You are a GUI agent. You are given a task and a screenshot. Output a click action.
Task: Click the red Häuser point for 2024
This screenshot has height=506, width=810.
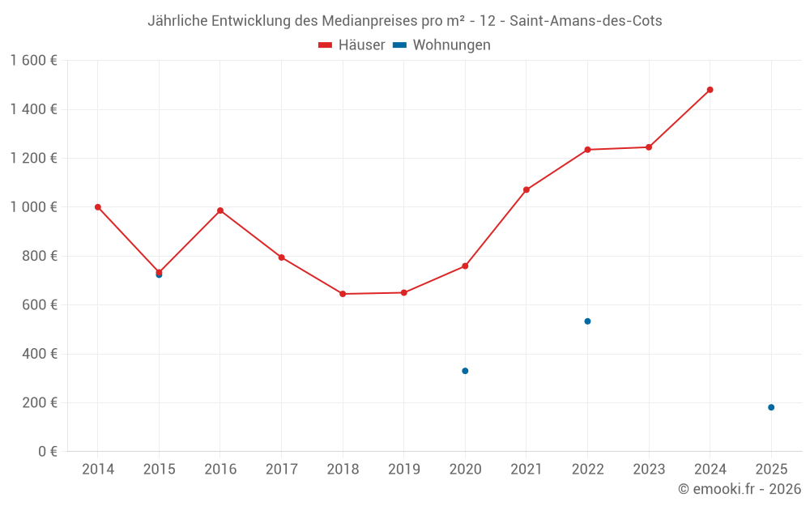pyautogui.click(x=710, y=90)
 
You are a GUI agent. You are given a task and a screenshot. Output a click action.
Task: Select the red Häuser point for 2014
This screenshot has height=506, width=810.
pyautogui.click(x=98, y=207)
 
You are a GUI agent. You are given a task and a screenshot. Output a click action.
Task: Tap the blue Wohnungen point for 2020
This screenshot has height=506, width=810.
pyautogui.click(x=465, y=371)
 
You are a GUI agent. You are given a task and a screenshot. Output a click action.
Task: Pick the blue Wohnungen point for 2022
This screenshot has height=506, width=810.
pyautogui.click(x=587, y=321)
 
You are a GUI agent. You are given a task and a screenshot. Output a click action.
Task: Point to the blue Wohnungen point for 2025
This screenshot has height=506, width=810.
pyautogui.click(x=771, y=407)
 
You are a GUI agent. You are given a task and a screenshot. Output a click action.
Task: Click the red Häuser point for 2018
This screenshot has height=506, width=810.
pyautogui.click(x=343, y=294)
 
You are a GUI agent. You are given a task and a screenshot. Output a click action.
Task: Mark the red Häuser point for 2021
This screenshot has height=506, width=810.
pyautogui.click(x=526, y=190)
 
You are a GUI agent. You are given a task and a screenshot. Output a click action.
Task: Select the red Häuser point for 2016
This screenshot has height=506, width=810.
pyautogui.click(x=220, y=210)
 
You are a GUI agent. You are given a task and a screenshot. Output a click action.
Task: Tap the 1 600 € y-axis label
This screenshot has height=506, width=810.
pyautogui.click(x=33, y=61)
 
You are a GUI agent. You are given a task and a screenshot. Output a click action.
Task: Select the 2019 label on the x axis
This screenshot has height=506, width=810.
pyautogui.click(x=404, y=470)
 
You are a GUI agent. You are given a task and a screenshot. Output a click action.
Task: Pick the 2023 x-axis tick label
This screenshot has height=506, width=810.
pyautogui.click(x=649, y=470)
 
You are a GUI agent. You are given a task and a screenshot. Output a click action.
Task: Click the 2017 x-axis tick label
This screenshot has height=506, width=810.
pyautogui.click(x=281, y=470)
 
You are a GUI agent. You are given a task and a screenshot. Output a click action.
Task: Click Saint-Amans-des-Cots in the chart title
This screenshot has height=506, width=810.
pyautogui.click(x=586, y=21)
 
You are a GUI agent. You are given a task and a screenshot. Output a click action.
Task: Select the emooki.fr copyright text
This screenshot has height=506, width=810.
pyautogui.click(x=740, y=489)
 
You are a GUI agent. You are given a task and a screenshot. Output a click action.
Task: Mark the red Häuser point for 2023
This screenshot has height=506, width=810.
pyautogui.click(x=649, y=147)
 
